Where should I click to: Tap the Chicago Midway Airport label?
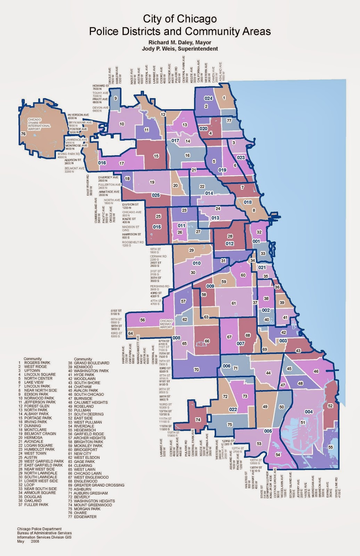[166, 324]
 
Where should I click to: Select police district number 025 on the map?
[156, 195]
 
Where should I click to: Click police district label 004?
[309, 412]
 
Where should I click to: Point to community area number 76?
[23, 134]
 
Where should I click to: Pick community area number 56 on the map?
[142, 320]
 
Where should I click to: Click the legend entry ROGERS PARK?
[37, 363]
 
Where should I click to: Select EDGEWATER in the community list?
[85, 517]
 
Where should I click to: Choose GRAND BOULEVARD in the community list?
[91, 363]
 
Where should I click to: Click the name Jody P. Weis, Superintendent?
[180, 49]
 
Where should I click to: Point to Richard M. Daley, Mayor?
[180, 43]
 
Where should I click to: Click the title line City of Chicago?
[180, 19]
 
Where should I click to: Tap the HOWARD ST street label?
[101, 85]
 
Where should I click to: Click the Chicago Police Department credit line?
[39, 529]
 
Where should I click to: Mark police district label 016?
[102, 163]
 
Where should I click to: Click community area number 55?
[330, 447]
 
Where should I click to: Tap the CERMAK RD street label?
[158, 256]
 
